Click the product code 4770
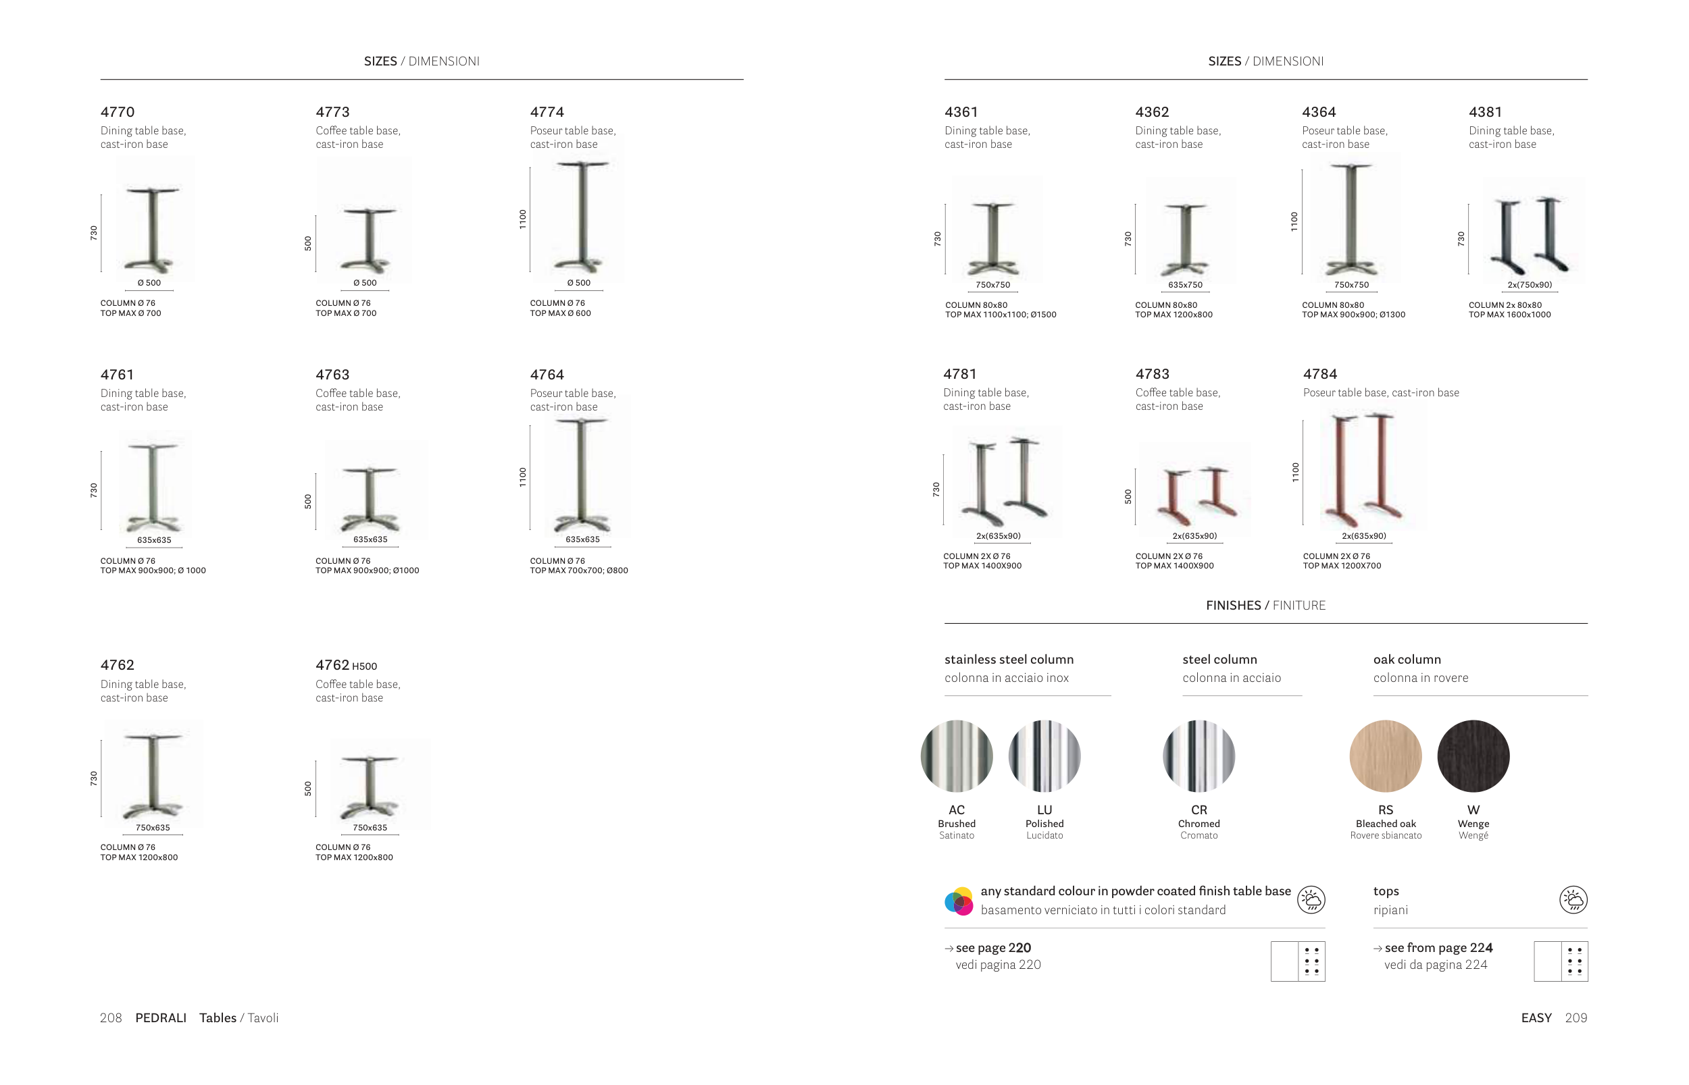coord(117,112)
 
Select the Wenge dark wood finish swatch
coord(1473,756)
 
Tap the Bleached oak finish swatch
coord(1385,756)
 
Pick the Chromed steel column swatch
coord(1199,756)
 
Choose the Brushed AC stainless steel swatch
coord(957,756)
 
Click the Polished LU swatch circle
coord(1044,756)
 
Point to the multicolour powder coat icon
coord(959,901)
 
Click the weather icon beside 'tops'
coord(1573,900)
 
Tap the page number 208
coord(111,1017)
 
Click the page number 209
coord(1576,1017)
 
